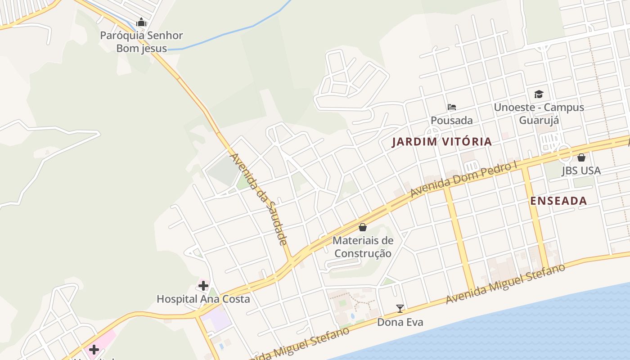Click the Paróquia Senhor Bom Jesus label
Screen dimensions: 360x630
(141, 42)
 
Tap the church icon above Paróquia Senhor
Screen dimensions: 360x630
(141, 22)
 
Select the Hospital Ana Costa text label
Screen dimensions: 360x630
(203, 299)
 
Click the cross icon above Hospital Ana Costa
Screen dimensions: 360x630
(203, 285)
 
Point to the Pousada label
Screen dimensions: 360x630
(452, 120)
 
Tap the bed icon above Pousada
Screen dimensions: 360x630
(452, 107)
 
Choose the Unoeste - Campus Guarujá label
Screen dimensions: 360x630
(539, 113)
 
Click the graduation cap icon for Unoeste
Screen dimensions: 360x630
(539, 94)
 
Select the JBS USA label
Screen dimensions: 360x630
(581, 171)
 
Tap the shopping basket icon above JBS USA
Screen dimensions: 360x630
(581, 157)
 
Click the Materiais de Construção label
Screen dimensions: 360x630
(363, 247)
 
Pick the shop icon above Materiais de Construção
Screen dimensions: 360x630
(363, 227)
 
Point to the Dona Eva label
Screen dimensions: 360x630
(400, 322)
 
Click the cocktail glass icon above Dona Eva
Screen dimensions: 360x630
(400, 309)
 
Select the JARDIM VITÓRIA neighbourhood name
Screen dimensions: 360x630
(441, 142)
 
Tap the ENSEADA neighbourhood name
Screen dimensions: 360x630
(558, 201)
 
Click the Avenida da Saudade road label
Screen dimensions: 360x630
(258, 199)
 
